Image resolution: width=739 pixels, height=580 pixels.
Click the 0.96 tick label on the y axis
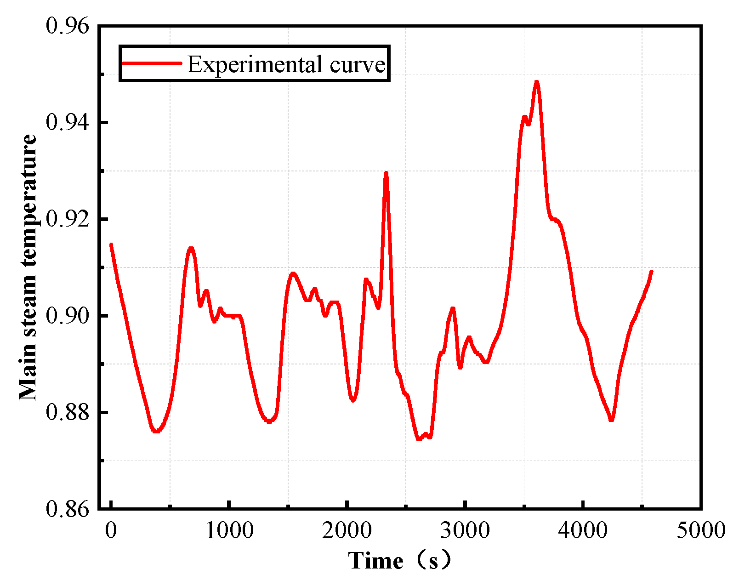67,26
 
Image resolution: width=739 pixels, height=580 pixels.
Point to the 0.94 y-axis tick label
67,123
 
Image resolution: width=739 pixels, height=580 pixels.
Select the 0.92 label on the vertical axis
67,219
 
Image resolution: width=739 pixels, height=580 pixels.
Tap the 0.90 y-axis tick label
67,316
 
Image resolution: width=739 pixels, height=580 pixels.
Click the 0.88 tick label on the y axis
67,412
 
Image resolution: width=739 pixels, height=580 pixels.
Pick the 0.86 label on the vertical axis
67,509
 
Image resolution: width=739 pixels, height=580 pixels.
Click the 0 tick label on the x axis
111,531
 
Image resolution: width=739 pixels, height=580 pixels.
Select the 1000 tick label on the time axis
229,531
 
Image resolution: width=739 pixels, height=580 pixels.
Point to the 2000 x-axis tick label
347,531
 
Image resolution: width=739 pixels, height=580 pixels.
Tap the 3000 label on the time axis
465,531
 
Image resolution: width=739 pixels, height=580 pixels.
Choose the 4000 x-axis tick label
583,531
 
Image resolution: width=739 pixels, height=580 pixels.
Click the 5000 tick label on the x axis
701,531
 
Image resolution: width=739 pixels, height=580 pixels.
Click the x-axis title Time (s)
399,561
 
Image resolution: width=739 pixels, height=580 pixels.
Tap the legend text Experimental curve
286,64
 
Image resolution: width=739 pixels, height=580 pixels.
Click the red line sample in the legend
152,63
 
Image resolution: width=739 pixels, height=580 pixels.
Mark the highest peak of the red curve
536,82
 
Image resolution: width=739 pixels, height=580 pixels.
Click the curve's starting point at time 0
111,244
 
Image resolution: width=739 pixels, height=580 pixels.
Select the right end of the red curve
651,271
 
